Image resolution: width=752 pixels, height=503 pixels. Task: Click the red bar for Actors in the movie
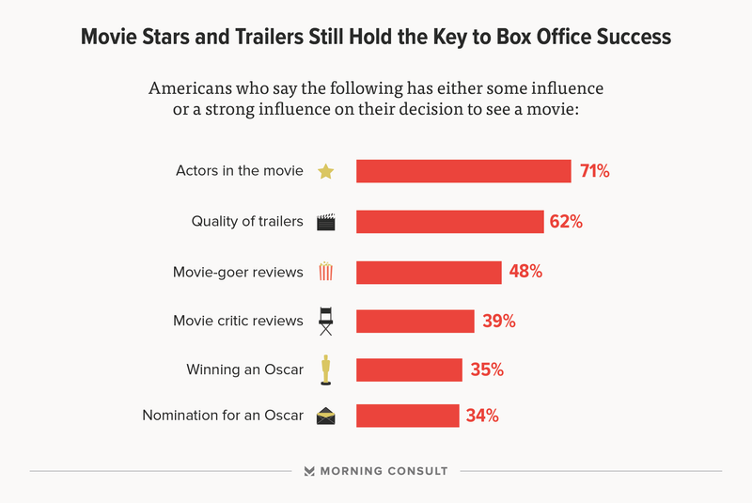click(463, 171)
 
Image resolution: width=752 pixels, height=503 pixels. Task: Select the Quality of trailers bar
click(450, 222)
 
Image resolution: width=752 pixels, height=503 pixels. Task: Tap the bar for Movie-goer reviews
click(429, 272)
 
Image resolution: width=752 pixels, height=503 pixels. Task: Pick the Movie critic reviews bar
click(415, 321)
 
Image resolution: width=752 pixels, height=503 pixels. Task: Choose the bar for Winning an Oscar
click(409, 369)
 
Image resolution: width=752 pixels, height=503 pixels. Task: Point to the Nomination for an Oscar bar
click(407, 415)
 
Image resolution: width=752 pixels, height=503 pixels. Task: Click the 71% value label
click(595, 171)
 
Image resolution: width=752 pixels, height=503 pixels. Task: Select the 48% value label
click(526, 272)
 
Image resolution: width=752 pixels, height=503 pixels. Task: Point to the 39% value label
click(499, 321)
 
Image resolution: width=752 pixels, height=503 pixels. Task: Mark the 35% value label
click(487, 369)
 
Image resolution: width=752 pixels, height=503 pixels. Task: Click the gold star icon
click(325, 171)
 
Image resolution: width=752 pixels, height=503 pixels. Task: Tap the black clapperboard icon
click(326, 222)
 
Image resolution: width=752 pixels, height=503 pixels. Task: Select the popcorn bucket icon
click(325, 272)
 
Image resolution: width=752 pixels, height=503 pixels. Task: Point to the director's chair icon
click(325, 321)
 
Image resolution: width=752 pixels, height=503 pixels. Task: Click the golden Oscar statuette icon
click(325, 369)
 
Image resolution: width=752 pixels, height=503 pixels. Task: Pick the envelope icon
click(325, 416)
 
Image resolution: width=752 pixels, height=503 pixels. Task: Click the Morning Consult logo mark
click(309, 471)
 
